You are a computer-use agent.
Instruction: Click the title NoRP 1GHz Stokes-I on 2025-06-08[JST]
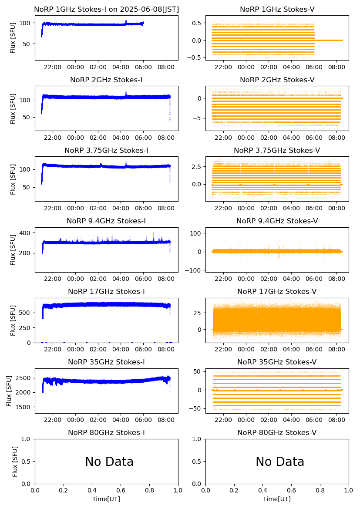[x=106, y=9]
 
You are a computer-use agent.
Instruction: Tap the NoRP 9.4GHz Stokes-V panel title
[x=277, y=221]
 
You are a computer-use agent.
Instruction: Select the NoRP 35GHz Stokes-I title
[x=106, y=362]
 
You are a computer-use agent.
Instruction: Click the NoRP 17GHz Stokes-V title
[x=277, y=292]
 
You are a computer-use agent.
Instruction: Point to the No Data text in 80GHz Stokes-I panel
[x=109, y=462]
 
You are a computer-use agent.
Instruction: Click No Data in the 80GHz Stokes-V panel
[x=280, y=462]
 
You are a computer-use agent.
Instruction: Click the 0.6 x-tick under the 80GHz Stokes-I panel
[x=121, y=491]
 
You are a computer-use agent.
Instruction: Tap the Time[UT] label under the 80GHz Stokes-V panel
[x=277, y=499]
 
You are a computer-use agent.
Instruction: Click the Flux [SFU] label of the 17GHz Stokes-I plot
[x=13, y=320]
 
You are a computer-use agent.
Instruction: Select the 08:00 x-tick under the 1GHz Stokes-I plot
[x=166, y=67]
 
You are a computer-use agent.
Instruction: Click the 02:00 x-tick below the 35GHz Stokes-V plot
[x=269, y=420]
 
